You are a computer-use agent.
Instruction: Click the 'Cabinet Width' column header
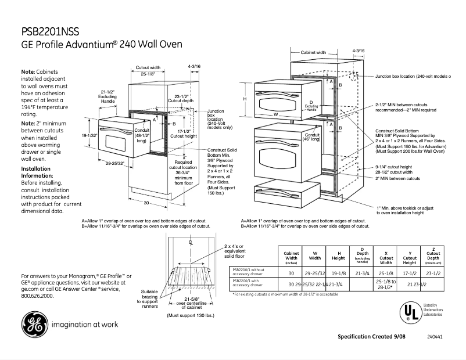click(x=291, y=257)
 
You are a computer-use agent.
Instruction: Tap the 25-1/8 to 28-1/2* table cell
click(x=386, y=284)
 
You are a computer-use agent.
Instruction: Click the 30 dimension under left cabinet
click(x=147, y=203)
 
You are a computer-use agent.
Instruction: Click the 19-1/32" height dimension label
click(x=88, y=136)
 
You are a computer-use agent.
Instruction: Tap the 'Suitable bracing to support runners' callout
click(x=149, y=298)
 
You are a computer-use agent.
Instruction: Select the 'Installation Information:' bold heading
click(x=40, y=172)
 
